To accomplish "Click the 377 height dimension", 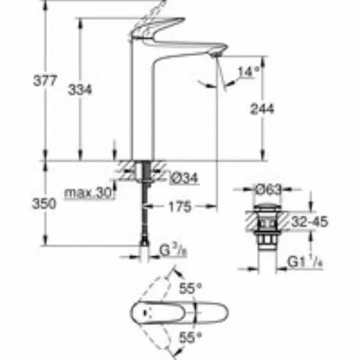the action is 45,81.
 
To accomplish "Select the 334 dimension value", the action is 80,90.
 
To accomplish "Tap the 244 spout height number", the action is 262,109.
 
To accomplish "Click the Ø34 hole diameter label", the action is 184,178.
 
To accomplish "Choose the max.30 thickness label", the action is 89,193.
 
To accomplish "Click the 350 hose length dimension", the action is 44,204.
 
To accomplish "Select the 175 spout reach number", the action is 180,207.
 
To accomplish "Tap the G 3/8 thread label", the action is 174,251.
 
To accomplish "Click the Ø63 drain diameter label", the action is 269,189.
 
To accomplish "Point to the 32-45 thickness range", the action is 310,222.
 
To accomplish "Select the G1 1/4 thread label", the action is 305,262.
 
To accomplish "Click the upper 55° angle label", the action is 191,288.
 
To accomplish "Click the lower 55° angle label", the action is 190,338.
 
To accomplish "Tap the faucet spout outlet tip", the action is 217,55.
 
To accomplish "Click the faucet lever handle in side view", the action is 157,27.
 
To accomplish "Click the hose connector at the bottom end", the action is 144,240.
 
